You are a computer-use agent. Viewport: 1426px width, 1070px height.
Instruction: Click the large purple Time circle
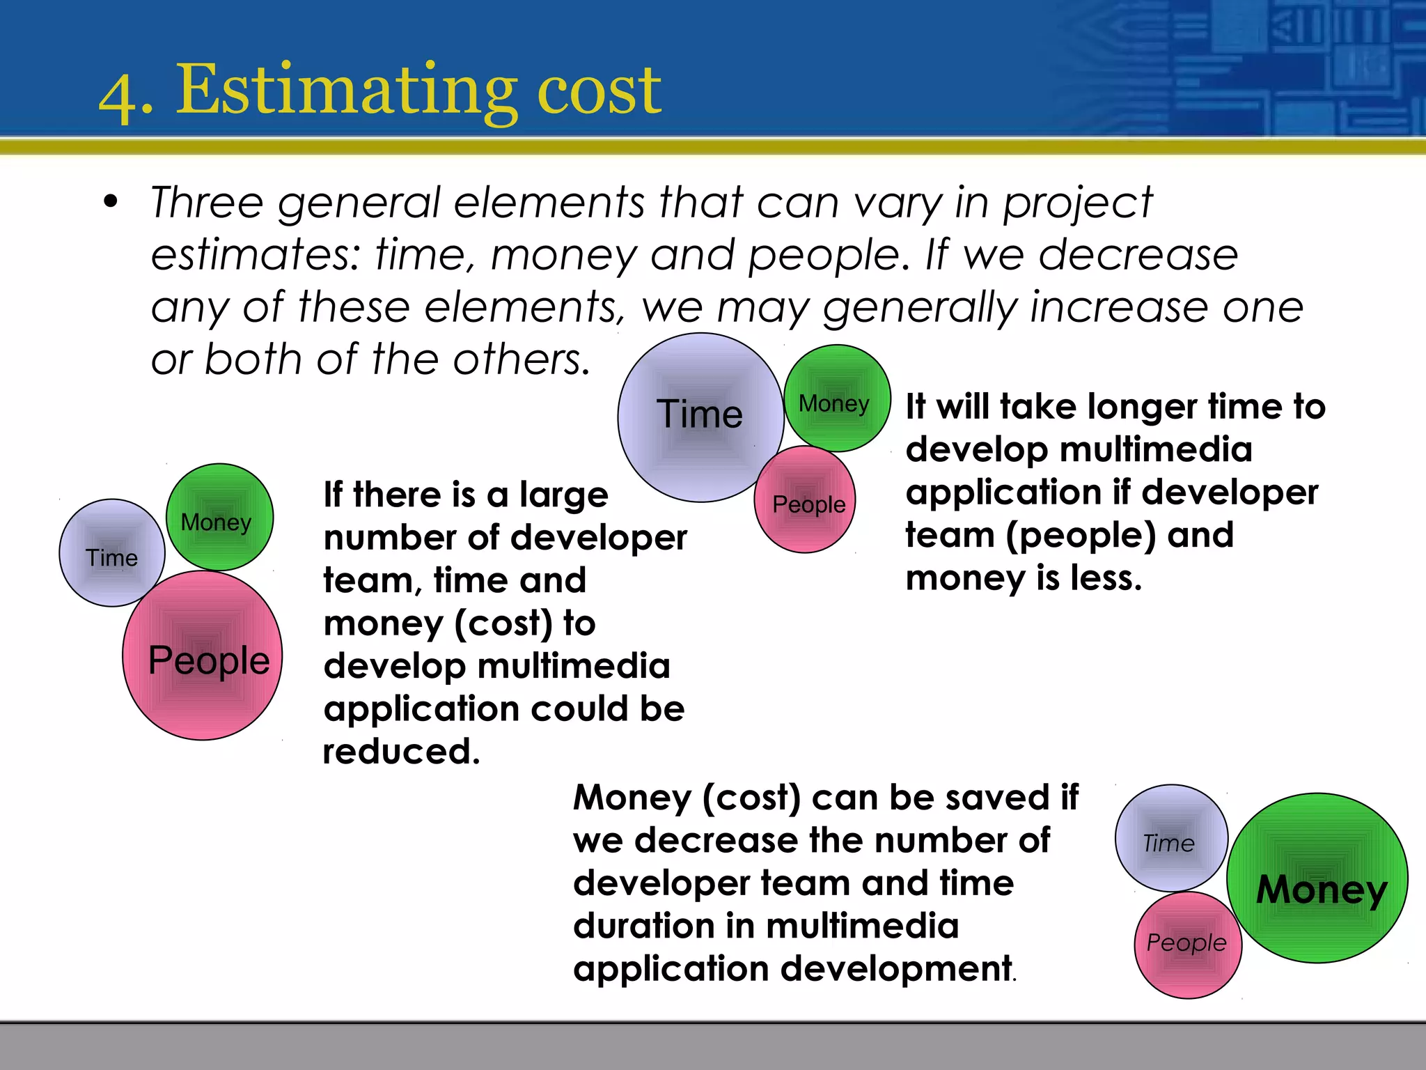(700, 417)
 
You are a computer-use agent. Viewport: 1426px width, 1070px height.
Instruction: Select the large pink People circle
(203, 656)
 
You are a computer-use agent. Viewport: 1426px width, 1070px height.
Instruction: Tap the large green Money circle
(1317, 878)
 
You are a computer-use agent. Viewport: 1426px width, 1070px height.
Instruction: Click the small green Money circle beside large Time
(837, 398)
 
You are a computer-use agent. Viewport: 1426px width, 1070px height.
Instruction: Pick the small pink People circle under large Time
(806, 500)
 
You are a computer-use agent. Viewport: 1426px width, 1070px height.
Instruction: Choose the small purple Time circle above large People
(112, 553)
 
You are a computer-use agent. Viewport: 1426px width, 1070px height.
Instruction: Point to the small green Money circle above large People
(219, 517)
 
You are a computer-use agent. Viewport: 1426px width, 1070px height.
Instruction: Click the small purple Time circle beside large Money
(1171, 838)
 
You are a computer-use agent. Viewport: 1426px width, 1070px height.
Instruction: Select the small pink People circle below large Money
(1188, 945)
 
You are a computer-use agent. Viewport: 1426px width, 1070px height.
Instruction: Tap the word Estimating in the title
(346, 91)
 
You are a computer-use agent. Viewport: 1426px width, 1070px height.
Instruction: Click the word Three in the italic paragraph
(207, 203)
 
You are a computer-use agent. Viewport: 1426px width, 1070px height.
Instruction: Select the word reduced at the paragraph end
(401, 752)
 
